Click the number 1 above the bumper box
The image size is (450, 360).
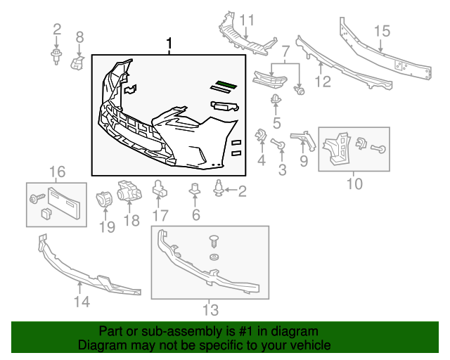click(169, 44)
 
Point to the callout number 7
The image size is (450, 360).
click(285, 52)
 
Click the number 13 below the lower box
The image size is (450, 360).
click(210, 309)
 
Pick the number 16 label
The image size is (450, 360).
click(56, 172)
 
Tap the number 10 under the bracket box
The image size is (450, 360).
click(354, 184)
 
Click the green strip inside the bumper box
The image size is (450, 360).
click(226, 85)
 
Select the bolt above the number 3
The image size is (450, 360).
click(278, 145)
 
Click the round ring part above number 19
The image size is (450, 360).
click(105, 198)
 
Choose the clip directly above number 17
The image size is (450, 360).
click(159, 188)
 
